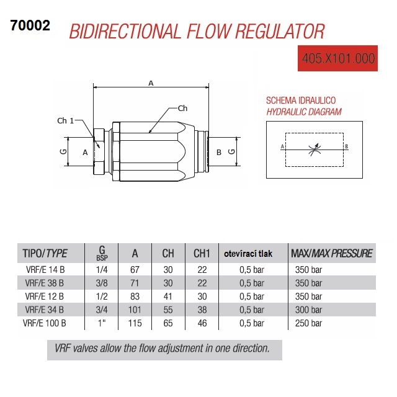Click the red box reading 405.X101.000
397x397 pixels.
[338, 59]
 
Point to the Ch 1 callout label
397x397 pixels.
[65, 120]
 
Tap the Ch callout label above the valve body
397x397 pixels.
[182, 109]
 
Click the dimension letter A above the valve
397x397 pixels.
[151, 83]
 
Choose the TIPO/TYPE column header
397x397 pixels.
[45, 253]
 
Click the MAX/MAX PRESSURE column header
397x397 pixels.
[331, 253]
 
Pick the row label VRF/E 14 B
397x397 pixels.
[44, 270]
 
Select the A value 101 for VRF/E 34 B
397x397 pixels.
[135, 310]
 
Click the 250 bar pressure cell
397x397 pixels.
[309, 323]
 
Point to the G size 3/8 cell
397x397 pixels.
[101, 283]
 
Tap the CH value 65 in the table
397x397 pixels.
[168, 323]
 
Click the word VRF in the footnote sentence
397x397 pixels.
[64, 349]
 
